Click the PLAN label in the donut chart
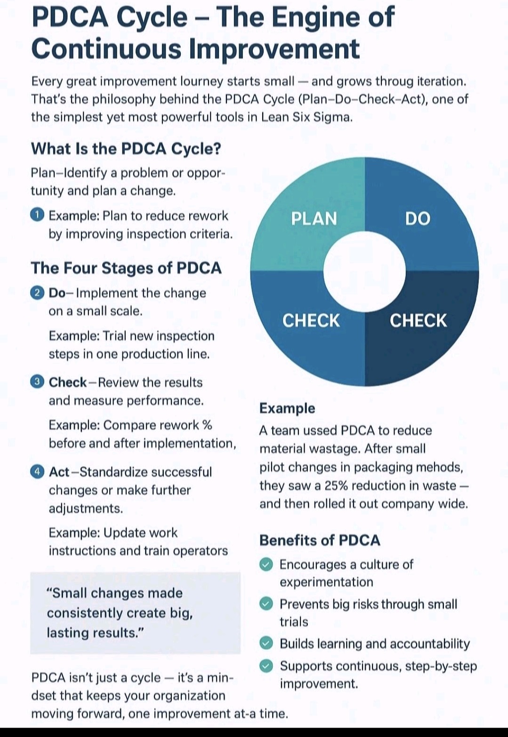(314, 219)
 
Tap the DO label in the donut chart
(418, 219)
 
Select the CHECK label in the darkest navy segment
(418, 321)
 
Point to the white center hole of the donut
(364, 272)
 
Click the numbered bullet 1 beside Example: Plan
(37, 215)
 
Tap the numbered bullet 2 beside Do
(37, 292)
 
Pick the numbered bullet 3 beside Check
(37, 382)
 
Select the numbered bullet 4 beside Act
(37, 471)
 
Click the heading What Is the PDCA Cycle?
(126, 149)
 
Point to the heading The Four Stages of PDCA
(126, 268)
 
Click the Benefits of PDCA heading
(320, 540)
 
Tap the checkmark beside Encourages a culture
(267, 564)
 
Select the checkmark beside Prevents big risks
(267, 604)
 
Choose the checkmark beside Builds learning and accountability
(267, 644)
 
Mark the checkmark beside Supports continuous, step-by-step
(267, 666)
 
